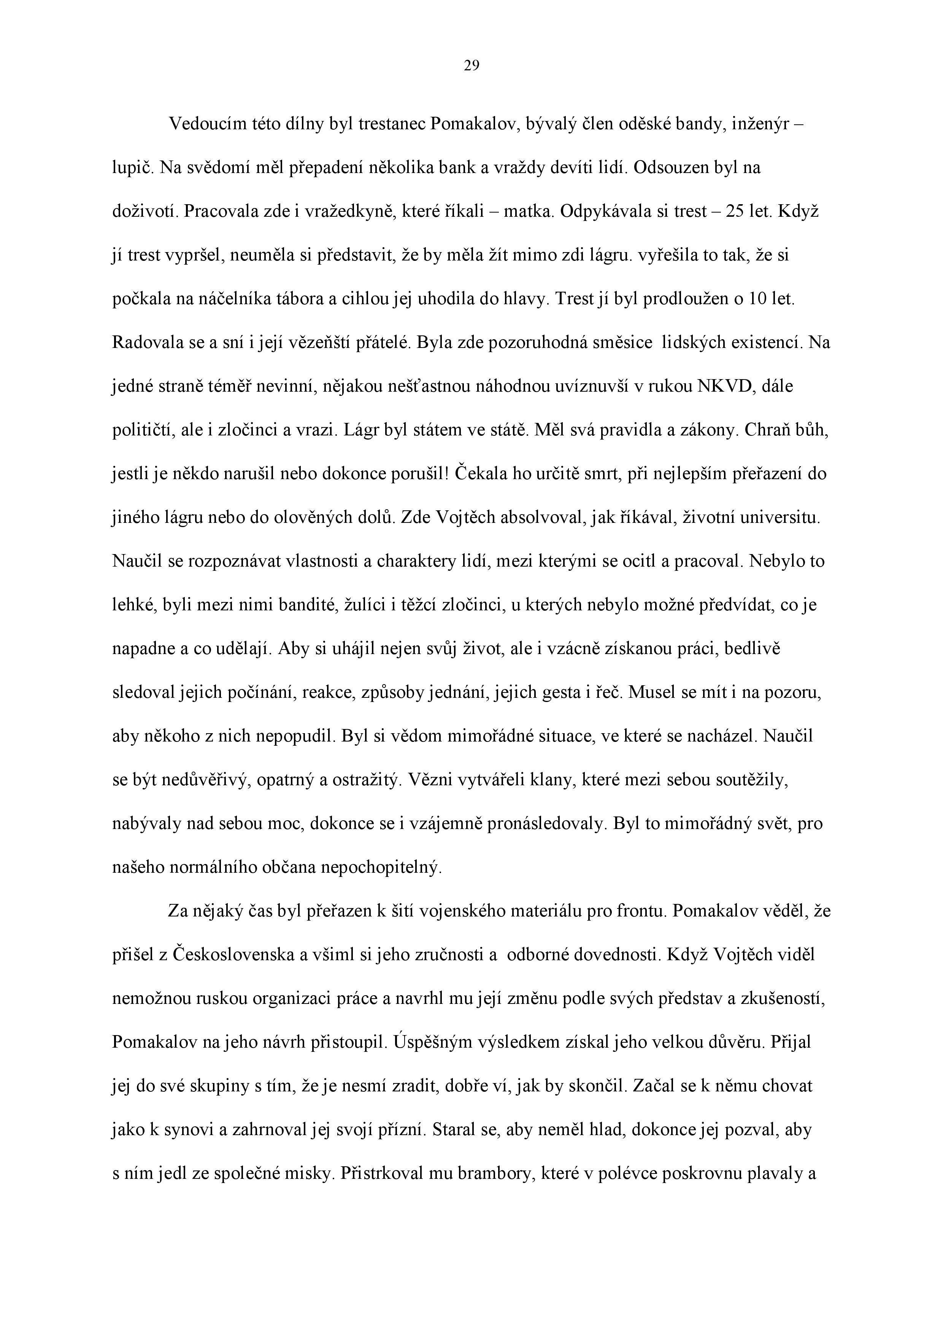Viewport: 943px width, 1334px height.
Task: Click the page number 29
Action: pos(471,66)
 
